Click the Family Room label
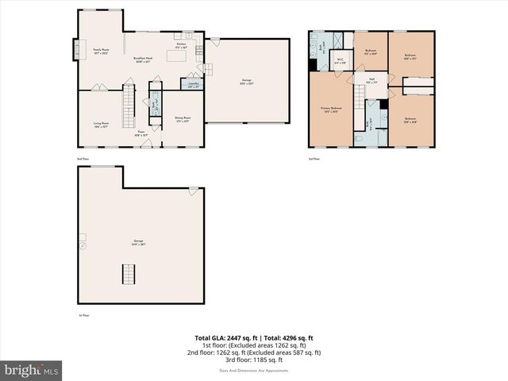[x=101, y=52]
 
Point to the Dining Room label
[x=183, y=119]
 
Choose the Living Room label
[x=101, y=125]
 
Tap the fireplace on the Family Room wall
[x=79, y=49]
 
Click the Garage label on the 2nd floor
[x=247, y=80]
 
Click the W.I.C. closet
[x=339, y=60]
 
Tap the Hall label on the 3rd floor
[x=371, y=80]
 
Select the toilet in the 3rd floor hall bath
[x=359, y=138]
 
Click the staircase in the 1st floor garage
[x=128, y=275]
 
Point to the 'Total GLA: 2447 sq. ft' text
[x=228, y=337]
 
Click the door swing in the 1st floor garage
[x=193, y=191]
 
